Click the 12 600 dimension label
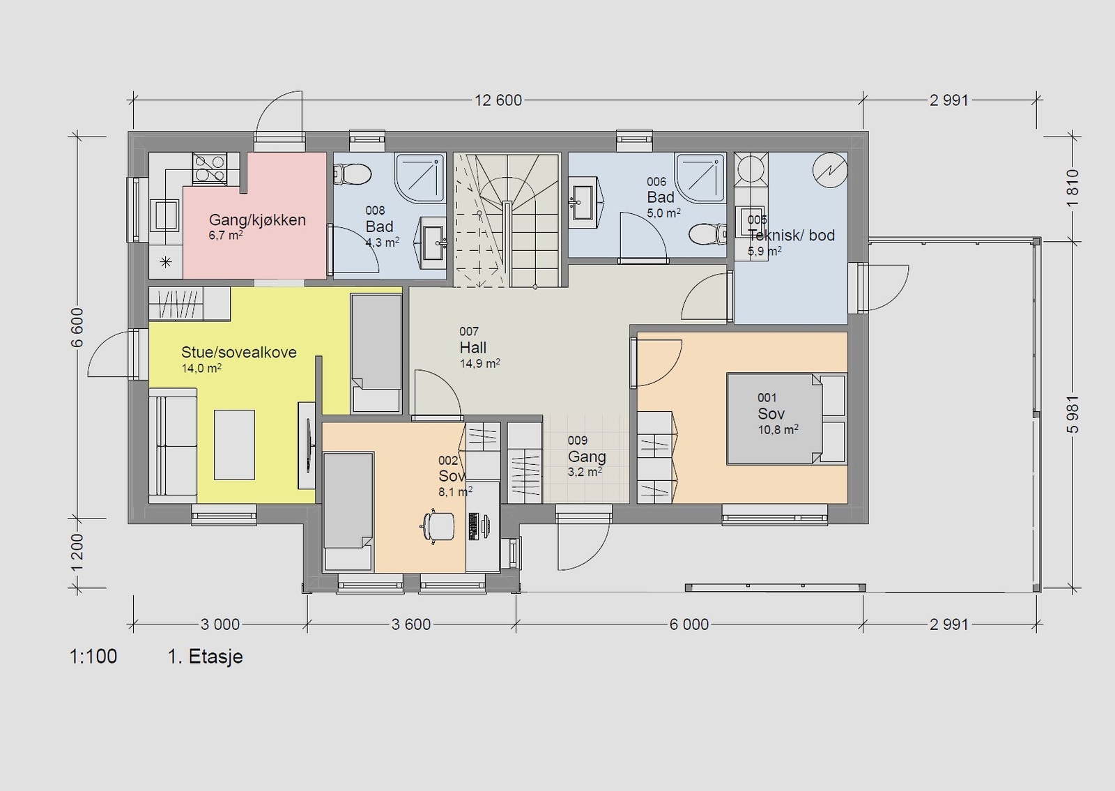tap(498, 100)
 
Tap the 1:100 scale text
tap(93, 656)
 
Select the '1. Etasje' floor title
tap(205, 657)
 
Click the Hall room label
tap(473, 348)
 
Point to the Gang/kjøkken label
tap(257, 220)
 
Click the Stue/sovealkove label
tap(239, 353)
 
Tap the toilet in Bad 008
tap(353, 174)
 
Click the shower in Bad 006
tap(700, 178)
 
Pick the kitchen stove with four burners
tap(210, 168)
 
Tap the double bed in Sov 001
tap(787, 419)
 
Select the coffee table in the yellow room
tap(234, 445)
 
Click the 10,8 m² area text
tap(778, 429)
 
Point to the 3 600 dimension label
tap(411, 624)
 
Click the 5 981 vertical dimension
tap(1072, 414)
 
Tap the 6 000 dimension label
tap(689, 624)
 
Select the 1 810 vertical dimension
tap(1072, 188)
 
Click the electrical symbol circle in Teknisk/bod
tap(830, 170)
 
